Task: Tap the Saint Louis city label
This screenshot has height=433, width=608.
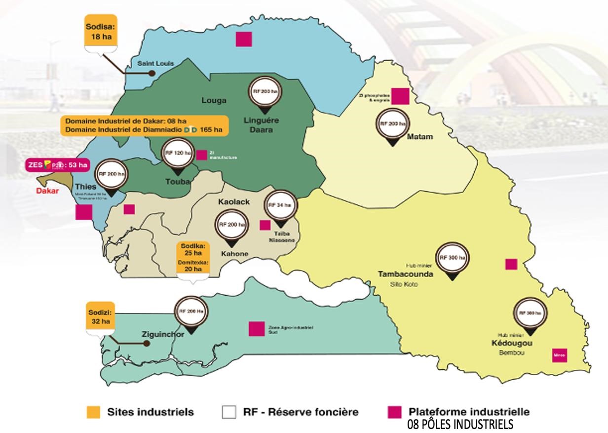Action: pyautogui.click(x=156, y=63)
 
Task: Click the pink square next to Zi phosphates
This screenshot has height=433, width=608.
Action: pyautogui.click(x=400, y=96)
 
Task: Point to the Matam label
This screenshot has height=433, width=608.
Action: pyautogui.click(x=420, y=137)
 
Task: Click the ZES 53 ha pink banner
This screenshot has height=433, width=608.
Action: pyautogui.click(x=58, y=165)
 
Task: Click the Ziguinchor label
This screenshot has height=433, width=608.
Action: pyautogui.click(x=157, y=334)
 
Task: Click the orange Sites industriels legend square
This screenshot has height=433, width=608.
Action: pyautogui.click(x=93, y=412)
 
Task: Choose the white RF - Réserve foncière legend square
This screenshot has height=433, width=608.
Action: pyautogui.click(x=229, y=412)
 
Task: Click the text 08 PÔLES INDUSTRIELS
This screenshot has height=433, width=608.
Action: pyautogui.click(x=460, y=425)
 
